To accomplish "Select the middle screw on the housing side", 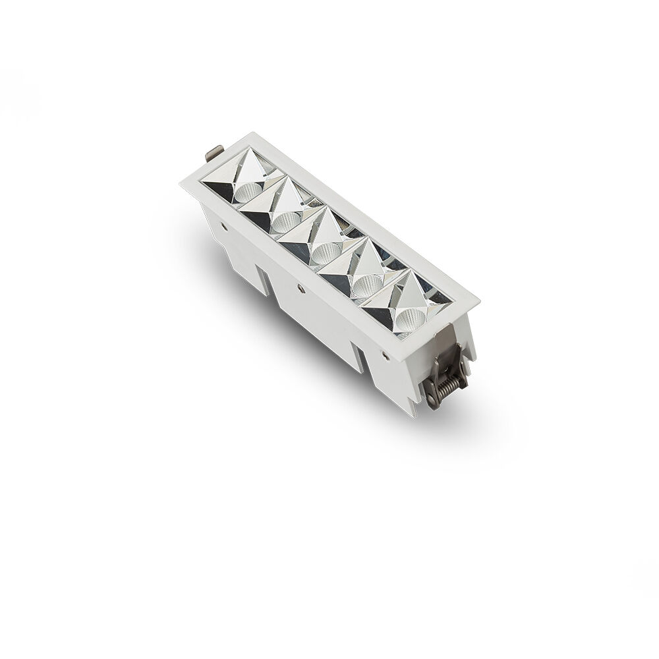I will [301, 288].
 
